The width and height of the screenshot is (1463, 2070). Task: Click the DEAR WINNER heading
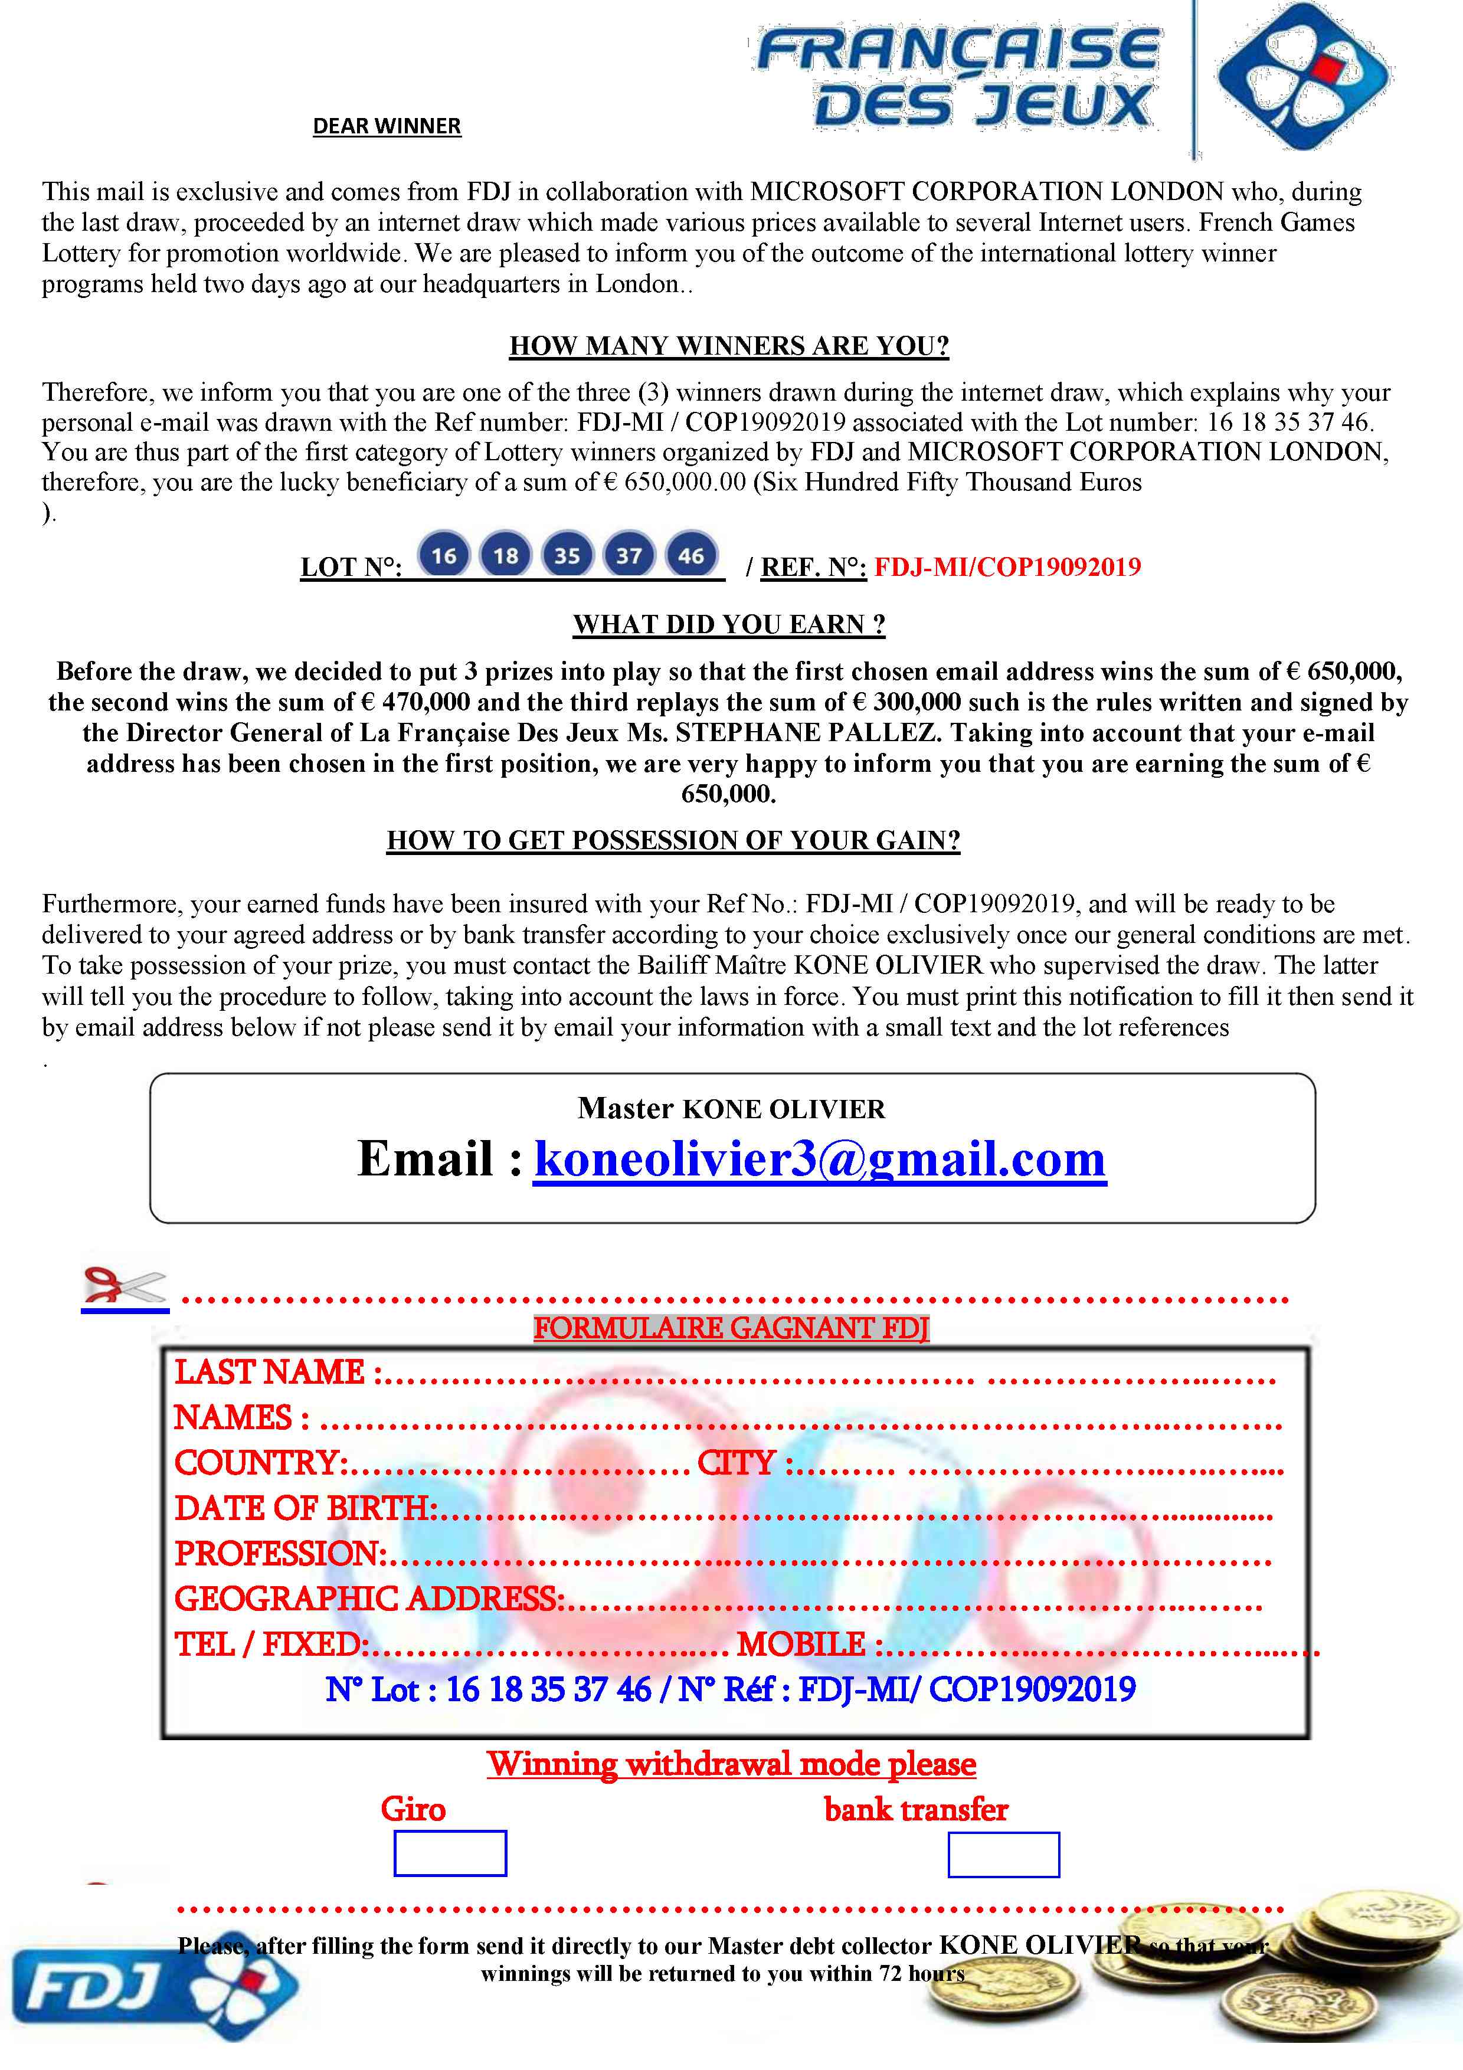click(387, 126)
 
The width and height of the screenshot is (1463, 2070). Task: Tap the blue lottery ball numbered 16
click(443, 555)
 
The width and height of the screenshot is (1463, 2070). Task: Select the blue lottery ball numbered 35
click(567, 555)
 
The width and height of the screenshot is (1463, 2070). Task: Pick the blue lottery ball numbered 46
click(690, 555)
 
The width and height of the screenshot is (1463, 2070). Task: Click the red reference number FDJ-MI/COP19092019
click(1007, 567)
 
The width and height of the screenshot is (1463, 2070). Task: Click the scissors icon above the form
click(125, 1286)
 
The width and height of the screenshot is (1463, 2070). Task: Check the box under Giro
click(450, 1853)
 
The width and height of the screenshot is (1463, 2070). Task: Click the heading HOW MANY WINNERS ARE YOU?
click(729, 346)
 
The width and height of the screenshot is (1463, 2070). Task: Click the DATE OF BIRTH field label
click(305, 1508)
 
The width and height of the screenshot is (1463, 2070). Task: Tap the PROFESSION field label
click(279, 1554)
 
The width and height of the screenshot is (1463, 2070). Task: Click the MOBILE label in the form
click(801, 1645)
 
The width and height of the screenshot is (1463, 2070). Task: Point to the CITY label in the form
click(737, 1462)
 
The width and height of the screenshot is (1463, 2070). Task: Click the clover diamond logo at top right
click(1302, 77)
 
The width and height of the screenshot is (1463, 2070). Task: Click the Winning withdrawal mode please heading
click(731, 1764)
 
